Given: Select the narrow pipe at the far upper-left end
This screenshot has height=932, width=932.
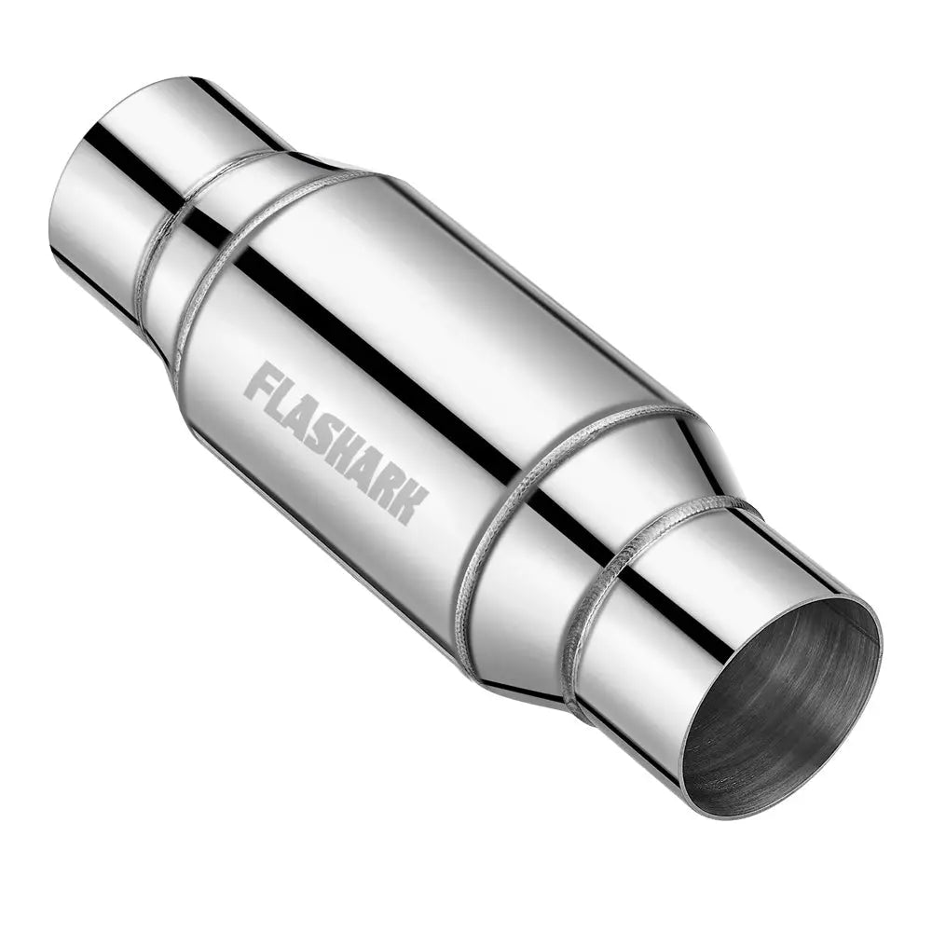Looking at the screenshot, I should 112,186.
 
